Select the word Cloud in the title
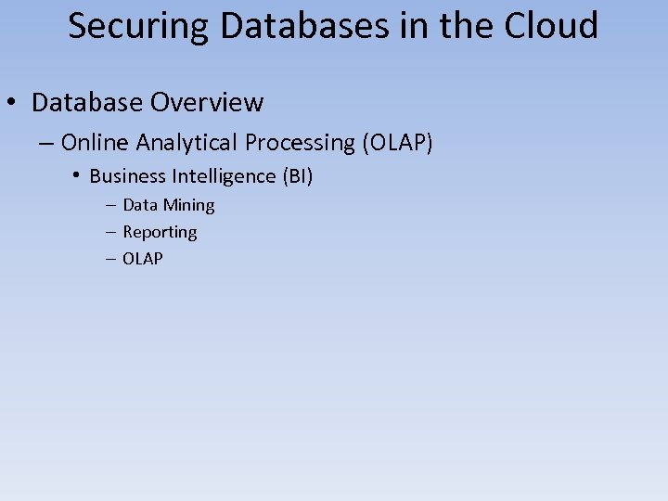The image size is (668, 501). pos(551,26)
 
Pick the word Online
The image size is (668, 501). pos(96,142)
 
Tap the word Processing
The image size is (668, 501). pos(300,143)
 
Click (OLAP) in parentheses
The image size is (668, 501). pos(397,143)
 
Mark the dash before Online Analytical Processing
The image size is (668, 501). pos(47,143)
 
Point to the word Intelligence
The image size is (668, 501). pos(226,176)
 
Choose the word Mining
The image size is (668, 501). pos(188,205)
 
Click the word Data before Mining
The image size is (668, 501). pos(140,205)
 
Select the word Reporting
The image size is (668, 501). pos(160,232)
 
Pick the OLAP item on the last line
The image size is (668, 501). pos(143,259)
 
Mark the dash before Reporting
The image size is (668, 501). pos(111,232)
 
